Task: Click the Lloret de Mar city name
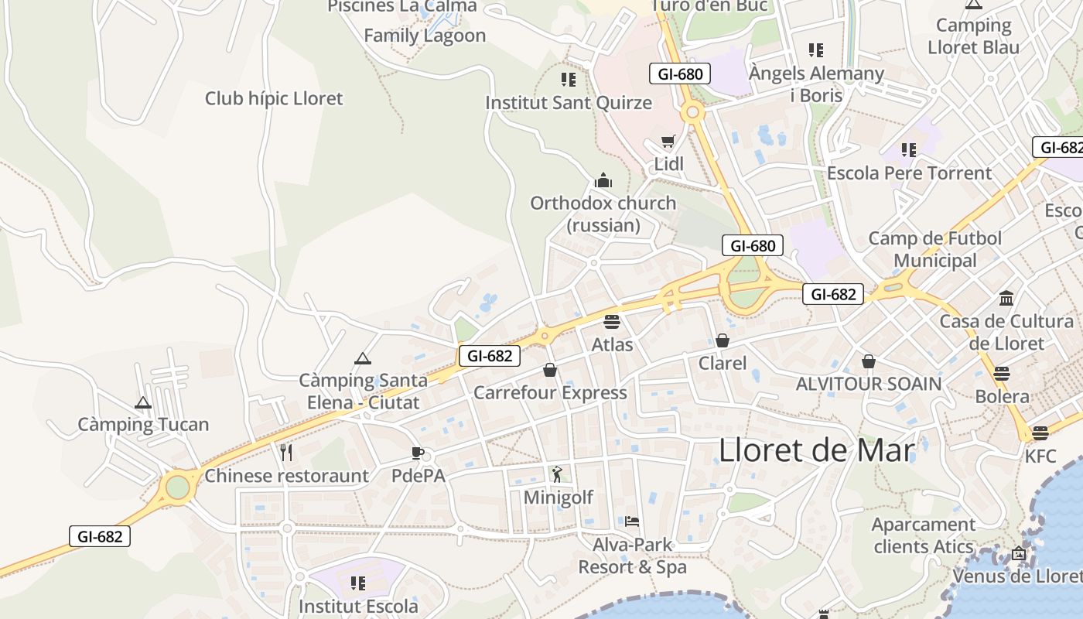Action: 817,450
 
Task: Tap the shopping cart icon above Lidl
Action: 668,142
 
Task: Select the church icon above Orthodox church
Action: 603,181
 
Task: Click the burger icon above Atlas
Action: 612,321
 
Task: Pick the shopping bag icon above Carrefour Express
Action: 550,370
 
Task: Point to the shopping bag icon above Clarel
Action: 723,340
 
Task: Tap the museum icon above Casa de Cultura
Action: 1006,298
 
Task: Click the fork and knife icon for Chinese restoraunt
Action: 286,452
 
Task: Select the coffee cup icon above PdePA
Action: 418,453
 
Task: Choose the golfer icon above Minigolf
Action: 558,474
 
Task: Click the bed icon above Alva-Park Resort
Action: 632,522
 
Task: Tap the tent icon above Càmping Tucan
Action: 143,402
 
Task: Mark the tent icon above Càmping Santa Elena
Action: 362,358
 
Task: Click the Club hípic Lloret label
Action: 274,98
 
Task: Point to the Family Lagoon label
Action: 425,36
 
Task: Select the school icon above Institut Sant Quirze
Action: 569,79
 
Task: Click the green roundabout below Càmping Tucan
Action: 177,487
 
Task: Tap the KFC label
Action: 1040,456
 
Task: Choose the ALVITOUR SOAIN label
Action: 869,384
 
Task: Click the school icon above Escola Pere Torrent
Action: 909,149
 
